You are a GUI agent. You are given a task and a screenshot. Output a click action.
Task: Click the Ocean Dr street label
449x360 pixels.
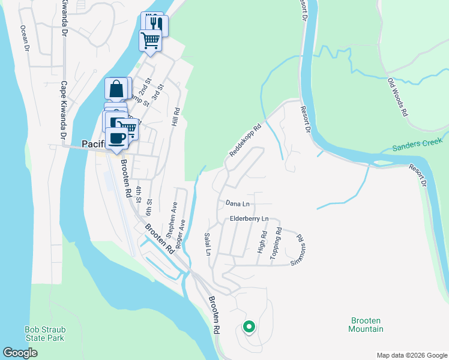(x=25, y=37)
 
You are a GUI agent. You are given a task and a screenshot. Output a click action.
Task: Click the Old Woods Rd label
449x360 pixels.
(x=398, y=97)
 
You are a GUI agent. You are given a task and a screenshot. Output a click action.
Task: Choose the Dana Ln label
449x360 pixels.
(x=237, y=204)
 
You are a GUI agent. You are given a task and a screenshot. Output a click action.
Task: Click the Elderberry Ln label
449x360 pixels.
(x=249, y=219)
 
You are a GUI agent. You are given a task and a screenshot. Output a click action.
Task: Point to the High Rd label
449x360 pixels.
(x=261, y=241)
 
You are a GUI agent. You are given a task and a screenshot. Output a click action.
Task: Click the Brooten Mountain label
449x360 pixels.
(x=366, y=325)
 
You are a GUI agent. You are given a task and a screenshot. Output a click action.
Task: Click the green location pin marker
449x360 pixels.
(x=249, y=327)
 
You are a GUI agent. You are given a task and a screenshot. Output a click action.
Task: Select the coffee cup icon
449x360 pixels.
(x=117, y=139)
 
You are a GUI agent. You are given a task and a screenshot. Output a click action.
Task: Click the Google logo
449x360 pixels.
(x=20, y=353)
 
